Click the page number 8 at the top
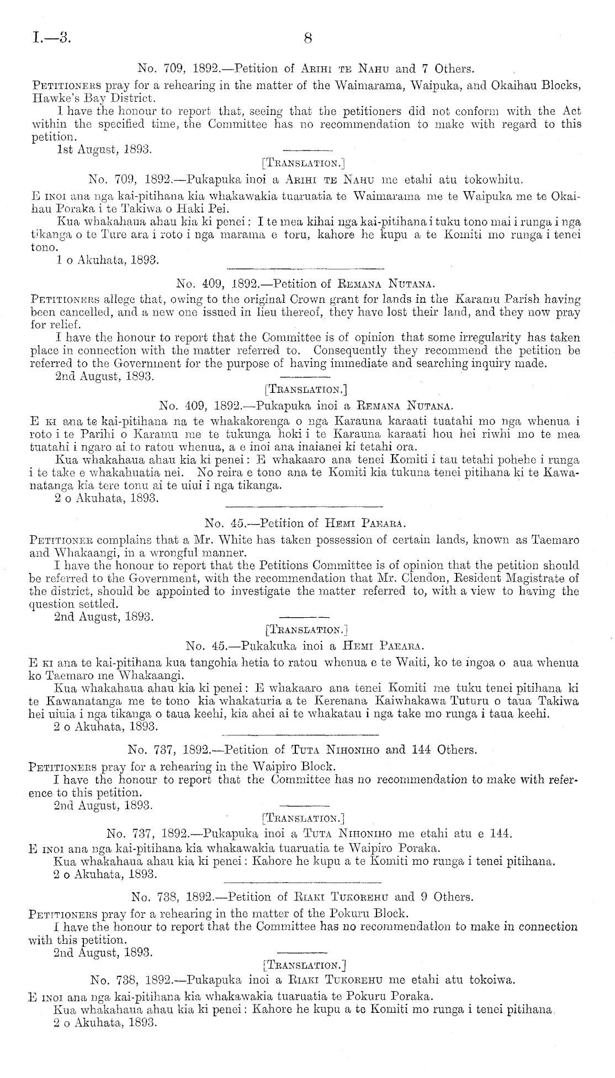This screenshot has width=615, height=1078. coord(308,38)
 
